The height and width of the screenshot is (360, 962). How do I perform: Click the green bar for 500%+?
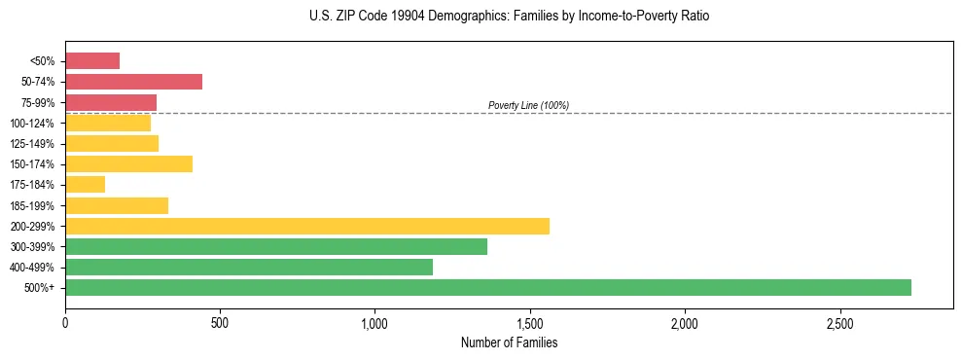[487, 287]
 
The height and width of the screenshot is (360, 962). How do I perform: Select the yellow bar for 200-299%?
[306, 226]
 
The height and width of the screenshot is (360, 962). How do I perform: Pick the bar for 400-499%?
[248, 267]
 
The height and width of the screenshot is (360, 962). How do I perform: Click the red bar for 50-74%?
[133, 82]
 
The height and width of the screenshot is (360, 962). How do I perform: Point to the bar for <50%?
[92, 61]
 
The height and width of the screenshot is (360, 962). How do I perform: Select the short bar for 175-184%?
[85, 184]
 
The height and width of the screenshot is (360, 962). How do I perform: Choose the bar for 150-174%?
[128, 163]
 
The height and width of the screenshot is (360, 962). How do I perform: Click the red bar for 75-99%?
[111, 102]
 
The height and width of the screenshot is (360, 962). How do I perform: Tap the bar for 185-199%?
[117, 205]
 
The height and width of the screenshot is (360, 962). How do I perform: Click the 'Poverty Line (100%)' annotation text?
[528, 105]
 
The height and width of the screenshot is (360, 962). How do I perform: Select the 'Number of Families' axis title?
[510, 342]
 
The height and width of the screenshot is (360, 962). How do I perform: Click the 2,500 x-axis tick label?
[839, 323]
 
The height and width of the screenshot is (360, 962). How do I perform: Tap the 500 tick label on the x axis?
[220, 323]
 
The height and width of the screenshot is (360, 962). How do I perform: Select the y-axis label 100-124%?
[31, 124]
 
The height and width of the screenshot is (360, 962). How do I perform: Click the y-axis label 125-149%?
[31, 144]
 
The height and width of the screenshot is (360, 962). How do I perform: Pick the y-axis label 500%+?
[39, 288]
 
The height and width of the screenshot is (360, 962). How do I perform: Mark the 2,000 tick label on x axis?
[685, 323]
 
